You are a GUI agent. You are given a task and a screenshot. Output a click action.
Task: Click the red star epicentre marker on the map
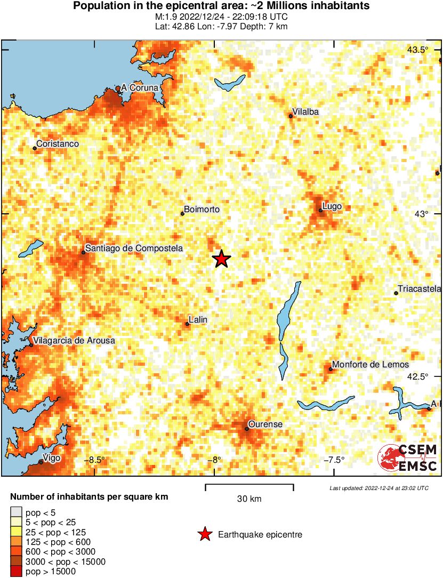[x=221, y=259]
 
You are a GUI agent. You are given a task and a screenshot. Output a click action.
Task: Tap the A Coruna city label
[x=140, y=87]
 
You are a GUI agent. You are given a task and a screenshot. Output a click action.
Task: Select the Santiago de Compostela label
[x=134, y=248]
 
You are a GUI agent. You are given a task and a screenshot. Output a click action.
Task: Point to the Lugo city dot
[x=320, y=210]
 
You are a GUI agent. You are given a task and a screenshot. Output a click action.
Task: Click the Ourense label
[x=266, y=424]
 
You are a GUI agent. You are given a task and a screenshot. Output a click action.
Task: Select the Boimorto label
[x=202, y=210]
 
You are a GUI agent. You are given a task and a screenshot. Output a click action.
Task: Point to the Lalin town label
[x=198, y=319]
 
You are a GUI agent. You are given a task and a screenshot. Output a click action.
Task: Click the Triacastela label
[x=420, y=288]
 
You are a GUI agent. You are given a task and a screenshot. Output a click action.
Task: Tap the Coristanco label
[x=58, y=144]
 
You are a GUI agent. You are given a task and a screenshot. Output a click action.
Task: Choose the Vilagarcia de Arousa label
[x=74, y=340]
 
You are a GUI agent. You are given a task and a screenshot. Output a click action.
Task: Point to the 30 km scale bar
[x=249, y=486]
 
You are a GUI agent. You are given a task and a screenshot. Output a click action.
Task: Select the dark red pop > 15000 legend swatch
[x=16, y=572]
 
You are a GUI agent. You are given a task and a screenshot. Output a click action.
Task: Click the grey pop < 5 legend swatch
[x=16, y=513]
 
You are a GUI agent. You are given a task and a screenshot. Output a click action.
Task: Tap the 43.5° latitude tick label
[x=417, y=50]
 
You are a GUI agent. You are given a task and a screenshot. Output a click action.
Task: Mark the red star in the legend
[x=204, y=534]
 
